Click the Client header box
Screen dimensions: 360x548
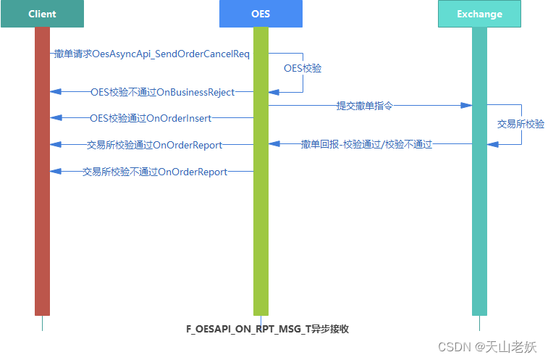[x=42, y=14]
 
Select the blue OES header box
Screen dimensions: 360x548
[x=261, y=14]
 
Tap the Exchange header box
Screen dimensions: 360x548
[x=479, y=14]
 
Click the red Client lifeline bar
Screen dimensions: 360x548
[x=42, y=217]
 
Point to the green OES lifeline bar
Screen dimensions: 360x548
[x=261, y=217]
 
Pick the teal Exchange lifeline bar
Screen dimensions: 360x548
[x=479, y=217]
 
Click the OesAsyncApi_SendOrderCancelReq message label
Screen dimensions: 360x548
[x=152, y=54]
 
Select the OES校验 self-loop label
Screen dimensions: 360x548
[x=303, y=68]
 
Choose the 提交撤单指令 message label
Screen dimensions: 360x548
[x=365, y=106]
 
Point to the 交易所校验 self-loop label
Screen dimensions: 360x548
[x=520, y=124]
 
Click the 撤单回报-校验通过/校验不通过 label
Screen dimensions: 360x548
[x=366, y=144]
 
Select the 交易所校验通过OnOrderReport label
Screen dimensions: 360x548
[x=154, y=145]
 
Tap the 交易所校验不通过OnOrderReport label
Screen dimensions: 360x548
[x=154, y=172]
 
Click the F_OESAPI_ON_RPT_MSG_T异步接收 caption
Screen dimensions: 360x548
[x=268, y=329]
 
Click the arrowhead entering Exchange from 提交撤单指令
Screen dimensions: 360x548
[x=467, y=106]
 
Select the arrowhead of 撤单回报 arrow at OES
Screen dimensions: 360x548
[x=274, y=144]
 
